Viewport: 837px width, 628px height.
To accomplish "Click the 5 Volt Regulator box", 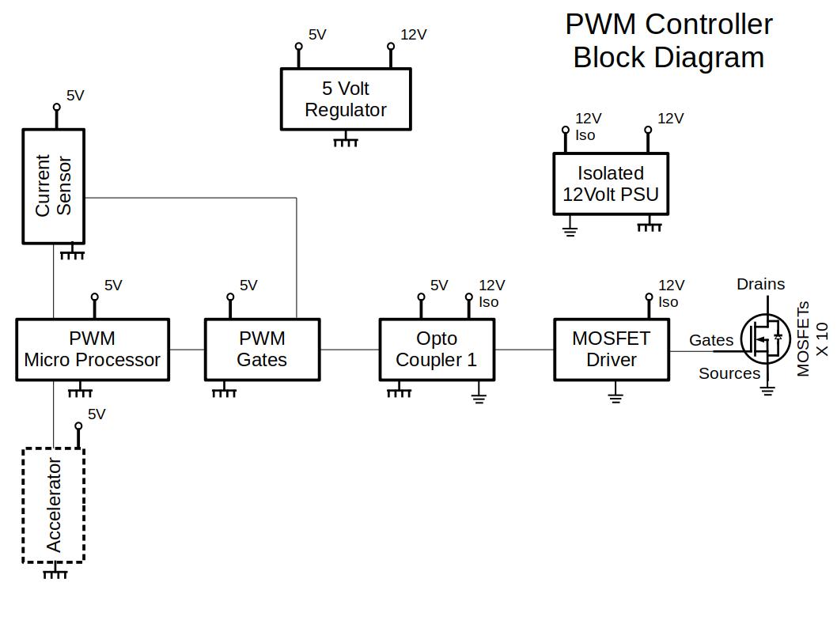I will pos(346,99).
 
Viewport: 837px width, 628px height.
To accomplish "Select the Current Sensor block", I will pos(53,186).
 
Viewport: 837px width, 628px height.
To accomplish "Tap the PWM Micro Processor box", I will pos(93,350).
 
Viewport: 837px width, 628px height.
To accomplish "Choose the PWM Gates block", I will pos(262,350).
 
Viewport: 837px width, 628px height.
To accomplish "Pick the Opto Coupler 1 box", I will pos(437,350).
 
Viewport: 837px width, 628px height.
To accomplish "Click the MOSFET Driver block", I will pos(611,350).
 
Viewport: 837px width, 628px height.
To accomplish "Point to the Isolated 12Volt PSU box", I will pos(611,183).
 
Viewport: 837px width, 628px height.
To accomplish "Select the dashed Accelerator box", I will pos(53,505).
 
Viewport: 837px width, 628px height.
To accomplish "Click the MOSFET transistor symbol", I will pos(766,339).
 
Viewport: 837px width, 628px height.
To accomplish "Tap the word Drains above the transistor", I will pos(760,284).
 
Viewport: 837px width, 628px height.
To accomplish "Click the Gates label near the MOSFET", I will pos(711,340).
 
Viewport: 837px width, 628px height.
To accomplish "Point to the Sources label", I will pos(729,373).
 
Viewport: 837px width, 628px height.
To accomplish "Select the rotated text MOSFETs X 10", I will pos(812,339).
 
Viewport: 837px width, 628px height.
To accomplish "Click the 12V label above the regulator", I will pos(413,35).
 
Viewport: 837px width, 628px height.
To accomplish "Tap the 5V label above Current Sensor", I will pos(75,96).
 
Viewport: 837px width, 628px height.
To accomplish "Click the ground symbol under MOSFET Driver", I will pos(615,395).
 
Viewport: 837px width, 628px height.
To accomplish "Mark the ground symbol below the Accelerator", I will pos(55,573).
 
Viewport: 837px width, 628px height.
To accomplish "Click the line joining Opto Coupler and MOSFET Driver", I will pos(524,350).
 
